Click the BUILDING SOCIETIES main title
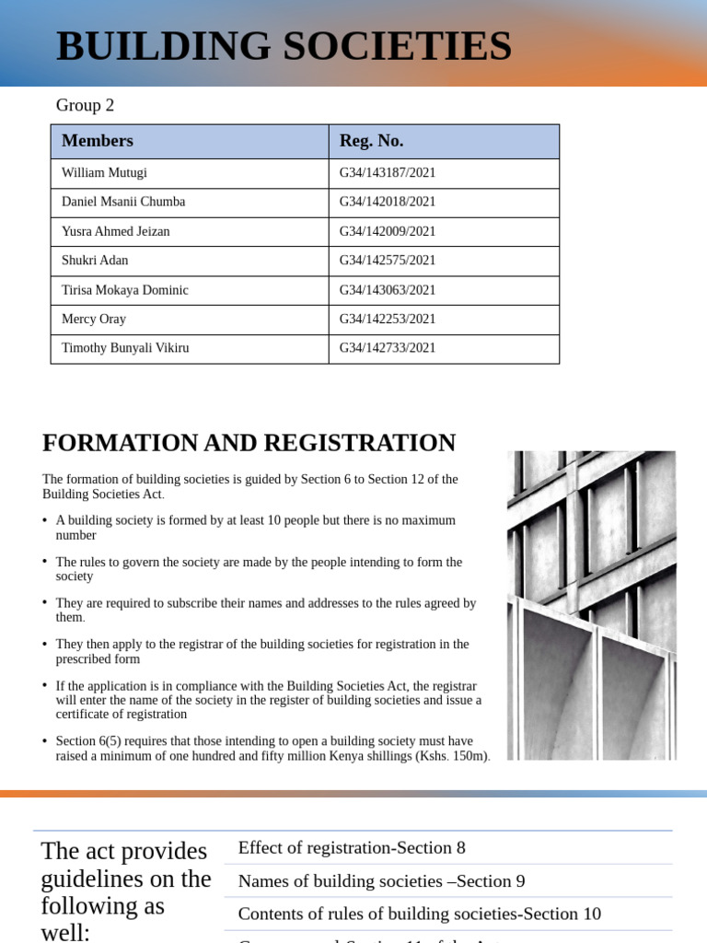[x=284, y=46]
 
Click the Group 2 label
[x=85, y=105]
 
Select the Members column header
[x=97, y=141]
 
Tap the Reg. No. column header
[x=371, y=141]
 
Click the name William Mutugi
[x=104, y=173]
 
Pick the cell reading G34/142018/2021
[x=387, y=202]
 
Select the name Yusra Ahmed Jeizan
[x=115, y=231]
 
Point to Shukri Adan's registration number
[x=387, y=261]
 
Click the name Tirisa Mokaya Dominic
[x=124, y=290]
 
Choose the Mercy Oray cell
[x=93, y=319]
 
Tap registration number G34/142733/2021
[x=387, y=348]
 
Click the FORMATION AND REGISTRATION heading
[x=249, y=443]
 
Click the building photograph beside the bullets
[x=591, y=605]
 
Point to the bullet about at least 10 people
[x=255, y=527]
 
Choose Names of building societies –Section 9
[x=381, y=881]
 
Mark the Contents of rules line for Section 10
[x=419, y=914]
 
